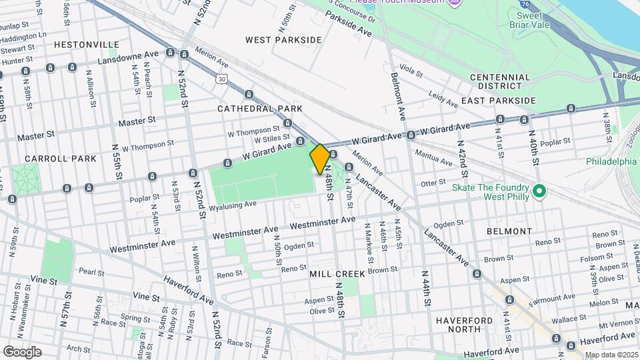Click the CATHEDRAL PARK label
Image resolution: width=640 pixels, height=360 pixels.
[x=260, y=108]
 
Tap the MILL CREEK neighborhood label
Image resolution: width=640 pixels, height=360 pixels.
[x=337, y=274]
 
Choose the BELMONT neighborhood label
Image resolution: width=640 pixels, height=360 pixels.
[x=509, y=231]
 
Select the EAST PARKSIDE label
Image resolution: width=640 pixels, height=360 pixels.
[x=498, y=101]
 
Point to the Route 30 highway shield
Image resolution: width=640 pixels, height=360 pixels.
[x=221, y=79]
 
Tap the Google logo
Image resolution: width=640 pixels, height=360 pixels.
[x=22, y=351]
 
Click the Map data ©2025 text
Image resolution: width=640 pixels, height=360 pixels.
[x=611, y=355]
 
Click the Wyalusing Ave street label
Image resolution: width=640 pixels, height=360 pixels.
[x=233, y=205]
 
